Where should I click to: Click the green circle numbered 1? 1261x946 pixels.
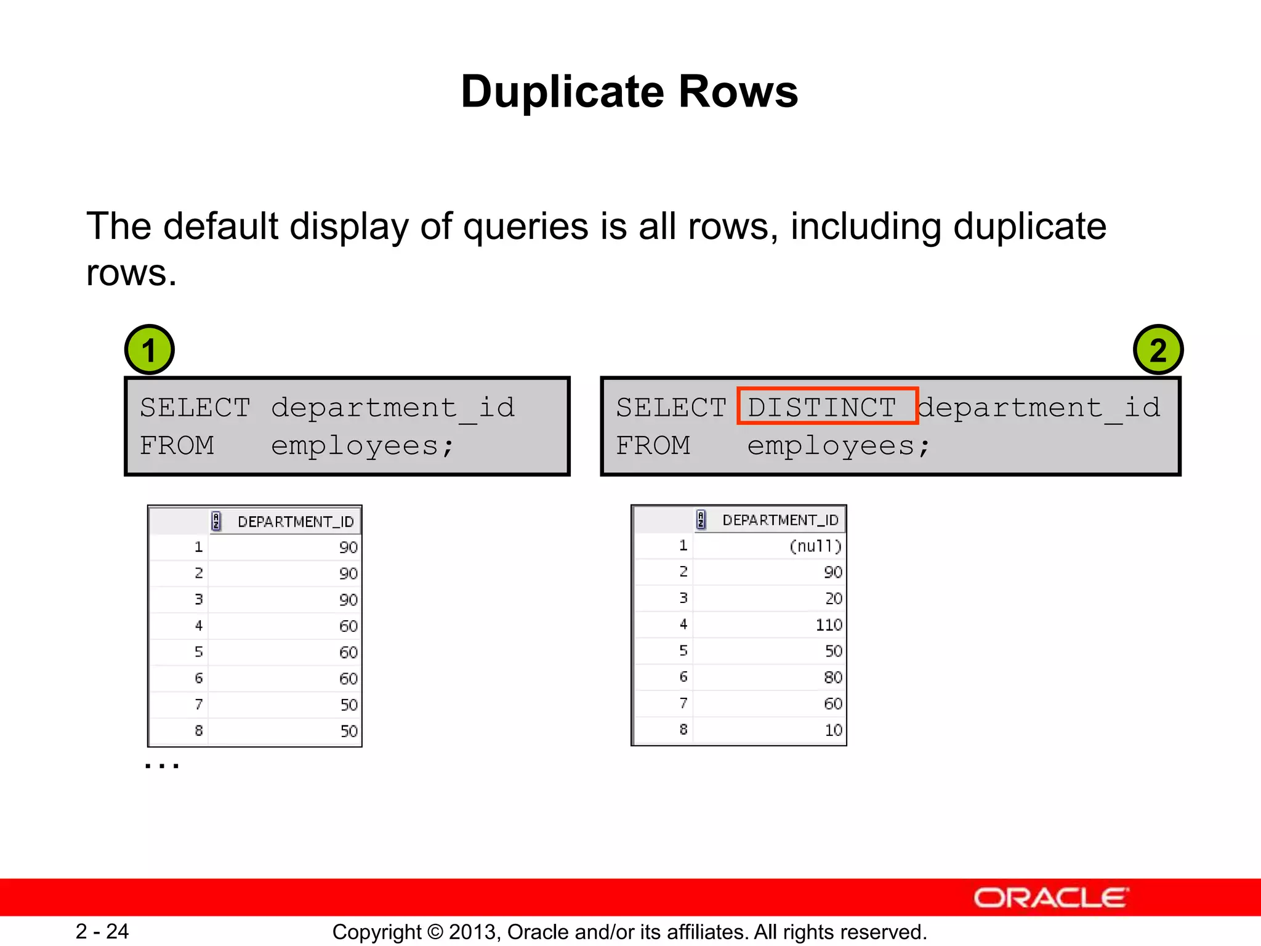(150, 350)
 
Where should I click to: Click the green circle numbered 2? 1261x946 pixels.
(1158, 350)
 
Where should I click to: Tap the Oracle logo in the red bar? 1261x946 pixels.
(1051, 898)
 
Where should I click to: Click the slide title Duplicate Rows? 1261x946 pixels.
(629, 92)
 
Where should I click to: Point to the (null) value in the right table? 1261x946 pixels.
(815, 546)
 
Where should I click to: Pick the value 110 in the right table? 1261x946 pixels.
(828, 625)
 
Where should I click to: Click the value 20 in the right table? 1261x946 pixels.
(833, 598)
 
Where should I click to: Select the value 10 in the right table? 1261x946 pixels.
(833, 730)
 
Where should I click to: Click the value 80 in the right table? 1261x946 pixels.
(833, 677)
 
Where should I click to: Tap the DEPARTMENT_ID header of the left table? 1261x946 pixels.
(296, 522)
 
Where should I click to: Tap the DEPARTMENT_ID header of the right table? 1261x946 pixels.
(780, 520)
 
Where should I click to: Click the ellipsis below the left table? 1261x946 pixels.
(162, 766)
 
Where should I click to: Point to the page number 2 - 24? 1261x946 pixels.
(102, 931)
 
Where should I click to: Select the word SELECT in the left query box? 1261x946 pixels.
(195, 408)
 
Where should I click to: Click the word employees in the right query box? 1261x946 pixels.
(831, 445)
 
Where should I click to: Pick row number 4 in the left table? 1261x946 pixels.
(198, 626)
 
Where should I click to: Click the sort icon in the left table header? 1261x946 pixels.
(216, 521)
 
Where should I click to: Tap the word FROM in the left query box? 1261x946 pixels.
(177, 445)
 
